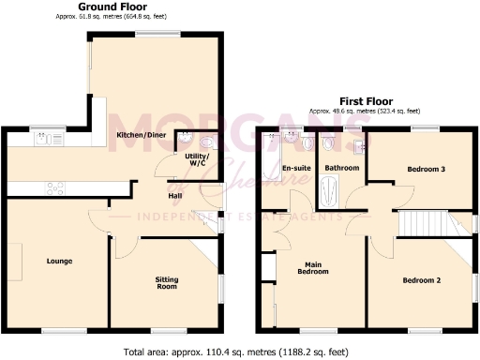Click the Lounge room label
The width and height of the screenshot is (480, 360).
[x=59, y=261]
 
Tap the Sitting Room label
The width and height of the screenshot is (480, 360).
[x=165, y=282]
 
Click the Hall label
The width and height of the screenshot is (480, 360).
[x=174, y=196]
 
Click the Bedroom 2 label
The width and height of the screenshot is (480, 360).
[x=422, y=280]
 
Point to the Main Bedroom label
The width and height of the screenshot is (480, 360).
[x=312, y=269]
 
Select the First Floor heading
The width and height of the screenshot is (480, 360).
[x=365, y=101]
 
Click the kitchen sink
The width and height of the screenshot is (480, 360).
[x=44, y=140]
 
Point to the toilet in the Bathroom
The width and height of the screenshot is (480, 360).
[x=328, y=144]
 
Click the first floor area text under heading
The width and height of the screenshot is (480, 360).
[x=365, y=111]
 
